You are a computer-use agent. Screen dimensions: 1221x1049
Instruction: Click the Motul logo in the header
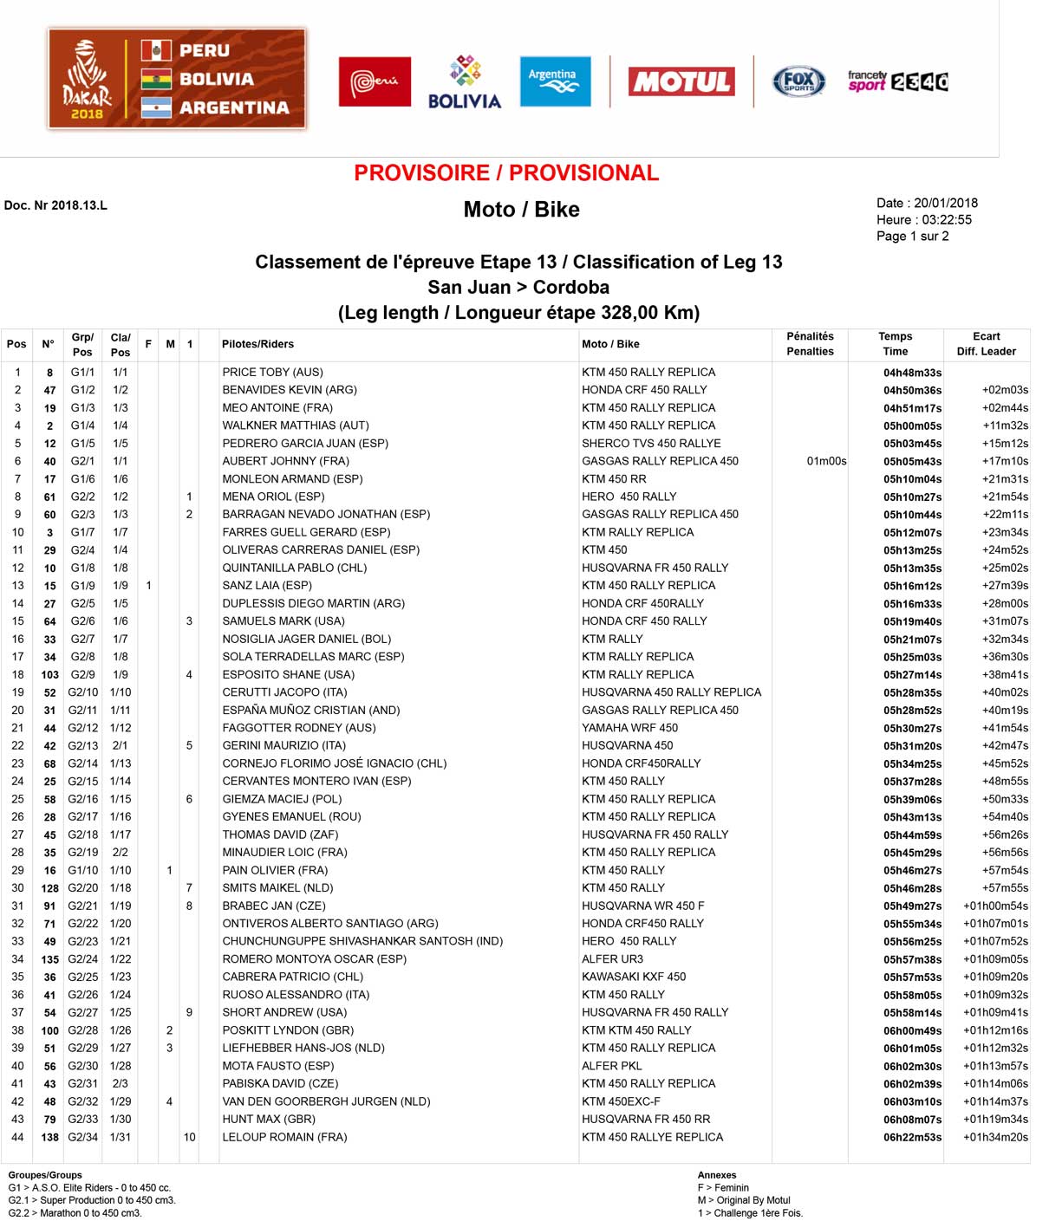[x=681, y=81]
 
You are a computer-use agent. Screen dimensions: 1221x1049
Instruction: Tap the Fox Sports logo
[x=798, y=81]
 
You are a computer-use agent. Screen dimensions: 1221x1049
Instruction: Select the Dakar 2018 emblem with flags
[x=177, y=79]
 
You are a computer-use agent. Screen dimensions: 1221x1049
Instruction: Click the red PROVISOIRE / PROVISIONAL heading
[x=506, y=173]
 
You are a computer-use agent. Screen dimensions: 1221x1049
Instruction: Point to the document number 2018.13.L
[x=55, y=205]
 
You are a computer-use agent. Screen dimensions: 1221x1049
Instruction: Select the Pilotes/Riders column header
[x=257, y=344]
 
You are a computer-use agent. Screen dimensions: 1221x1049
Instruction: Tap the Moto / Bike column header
[x=610, y=344]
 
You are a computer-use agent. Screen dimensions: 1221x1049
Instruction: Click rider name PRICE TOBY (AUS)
[x=272, y=372]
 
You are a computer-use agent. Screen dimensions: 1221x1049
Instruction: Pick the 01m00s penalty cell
[x=826, y=461]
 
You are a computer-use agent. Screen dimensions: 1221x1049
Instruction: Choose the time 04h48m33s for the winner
[x=912, y=373]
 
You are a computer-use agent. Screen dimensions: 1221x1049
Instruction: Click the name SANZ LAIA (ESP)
[x=267, y=585]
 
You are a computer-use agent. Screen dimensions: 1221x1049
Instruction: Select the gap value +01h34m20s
[x=995, y=1137]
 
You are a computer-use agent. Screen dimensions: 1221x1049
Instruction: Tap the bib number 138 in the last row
[x=50, y=1137]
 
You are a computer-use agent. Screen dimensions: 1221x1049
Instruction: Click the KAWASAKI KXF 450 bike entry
[x=634, y=977]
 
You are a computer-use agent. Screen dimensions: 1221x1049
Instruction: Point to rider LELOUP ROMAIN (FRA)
[x=284, y=1137]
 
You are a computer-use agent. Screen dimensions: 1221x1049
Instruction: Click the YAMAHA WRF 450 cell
[x=629, y=728]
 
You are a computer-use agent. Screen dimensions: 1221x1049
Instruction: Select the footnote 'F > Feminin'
[x=723, y=1188]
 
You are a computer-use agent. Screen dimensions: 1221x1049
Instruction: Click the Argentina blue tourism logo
[x=555, y=81]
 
